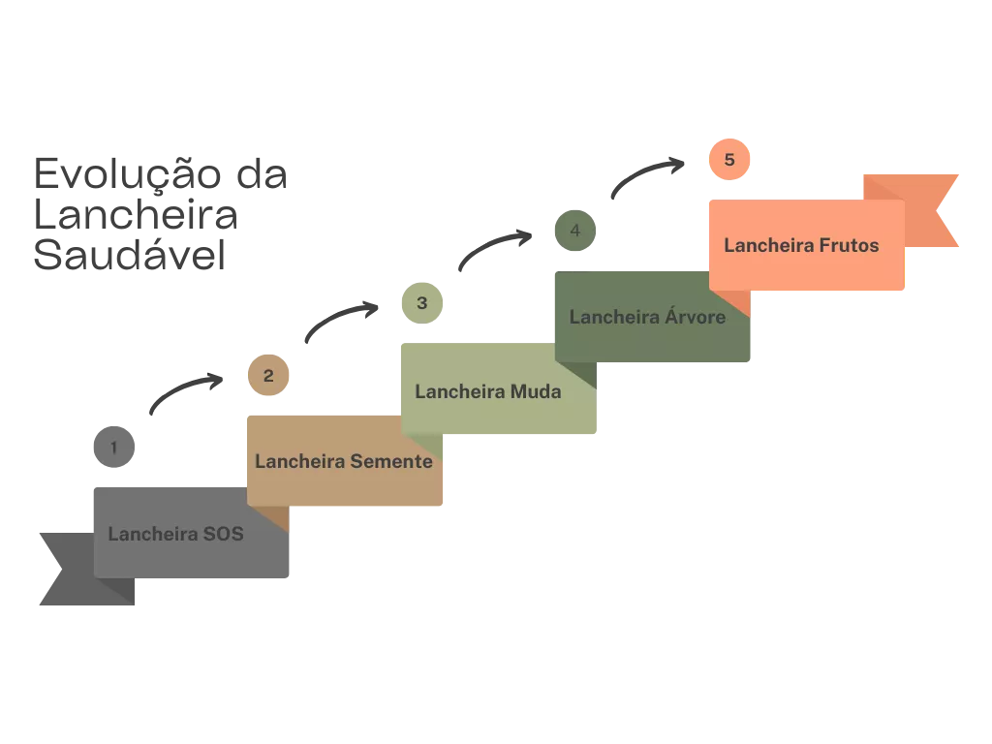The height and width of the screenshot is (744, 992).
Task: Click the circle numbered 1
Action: point(115,448)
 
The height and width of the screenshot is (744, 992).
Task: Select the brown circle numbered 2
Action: point(268,376)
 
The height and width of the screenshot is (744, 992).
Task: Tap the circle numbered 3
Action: point(421,303)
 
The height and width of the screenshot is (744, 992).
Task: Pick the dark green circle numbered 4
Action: point(574,232)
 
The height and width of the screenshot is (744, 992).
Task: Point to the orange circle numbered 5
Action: point(728,159)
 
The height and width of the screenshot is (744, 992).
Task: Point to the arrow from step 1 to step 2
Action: point(184,389)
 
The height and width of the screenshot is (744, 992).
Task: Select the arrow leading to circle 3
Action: point(339,318)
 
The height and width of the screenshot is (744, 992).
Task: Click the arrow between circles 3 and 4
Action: point(493,248)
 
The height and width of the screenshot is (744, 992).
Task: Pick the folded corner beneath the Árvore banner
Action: point(581,373)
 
